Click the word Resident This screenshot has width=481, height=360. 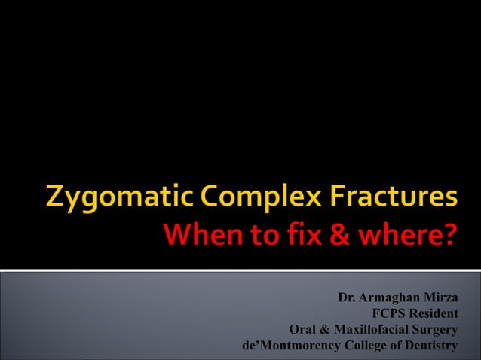tap(432, 314)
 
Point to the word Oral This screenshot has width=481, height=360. tap(303, 330)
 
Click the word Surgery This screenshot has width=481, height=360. tap(435, 331)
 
